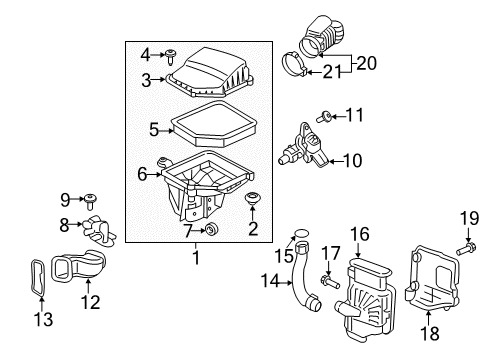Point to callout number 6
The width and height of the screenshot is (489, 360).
coord(143,174)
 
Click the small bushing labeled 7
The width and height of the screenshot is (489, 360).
coord(210,231)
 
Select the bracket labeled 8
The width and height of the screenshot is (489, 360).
coord(100,229)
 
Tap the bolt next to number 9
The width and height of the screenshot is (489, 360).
coord(91,199)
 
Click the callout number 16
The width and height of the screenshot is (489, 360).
coord(358,235)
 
